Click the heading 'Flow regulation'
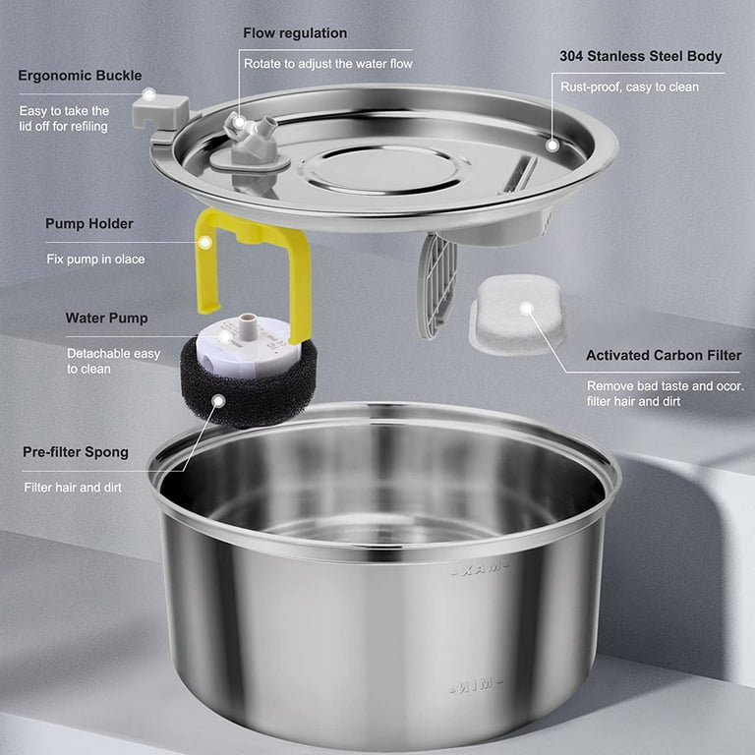pos(295,33)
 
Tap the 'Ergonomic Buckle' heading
pos(80,76)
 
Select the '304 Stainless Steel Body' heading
pos(640,56)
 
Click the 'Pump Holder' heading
pos(89,224)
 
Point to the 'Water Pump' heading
pos(106,319)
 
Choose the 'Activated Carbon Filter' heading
pos(664,356)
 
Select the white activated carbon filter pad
pos(517,314)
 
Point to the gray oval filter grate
pos(437,285)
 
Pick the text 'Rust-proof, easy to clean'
pos(629,87)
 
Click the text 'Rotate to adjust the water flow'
pos(327,64)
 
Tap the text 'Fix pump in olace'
pos(95,260)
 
